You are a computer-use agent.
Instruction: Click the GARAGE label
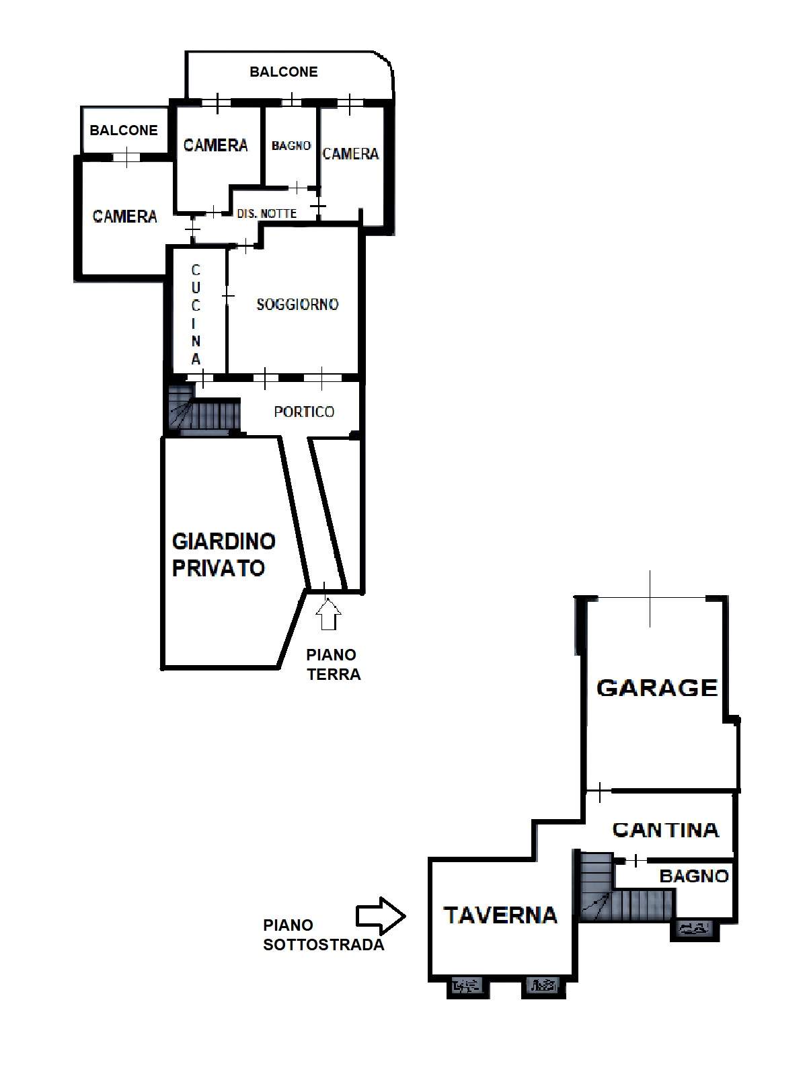point(657,688)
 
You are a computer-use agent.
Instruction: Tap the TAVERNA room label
point(500,915)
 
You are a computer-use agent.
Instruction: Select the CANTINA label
point(666,830)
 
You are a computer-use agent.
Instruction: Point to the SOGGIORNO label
point(297,305)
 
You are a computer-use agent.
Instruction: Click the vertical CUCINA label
point(196,314)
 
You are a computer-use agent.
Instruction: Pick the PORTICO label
point(304,412)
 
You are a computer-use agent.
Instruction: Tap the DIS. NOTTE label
point(266,214)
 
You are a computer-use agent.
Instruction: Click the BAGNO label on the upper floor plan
point(291,145)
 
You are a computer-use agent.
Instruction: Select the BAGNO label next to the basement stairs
point(694,876)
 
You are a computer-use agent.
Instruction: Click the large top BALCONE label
point(284,72)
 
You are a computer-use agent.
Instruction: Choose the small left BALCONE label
point(124,130)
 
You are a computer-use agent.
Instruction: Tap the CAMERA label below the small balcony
point(125,216)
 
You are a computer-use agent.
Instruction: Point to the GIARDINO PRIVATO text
point(223,555)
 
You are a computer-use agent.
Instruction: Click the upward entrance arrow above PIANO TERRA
point(328,614)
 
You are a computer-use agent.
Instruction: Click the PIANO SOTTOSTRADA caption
point(323,935)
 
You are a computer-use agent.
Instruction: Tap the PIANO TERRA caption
point(333,664)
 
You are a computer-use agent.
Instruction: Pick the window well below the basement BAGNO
point(695,928)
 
